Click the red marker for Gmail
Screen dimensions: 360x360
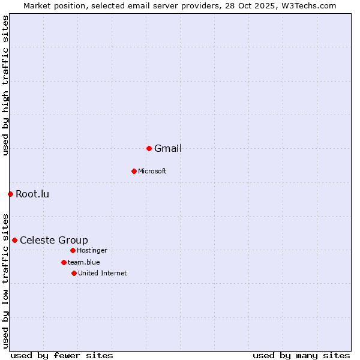149,148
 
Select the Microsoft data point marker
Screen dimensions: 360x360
134,171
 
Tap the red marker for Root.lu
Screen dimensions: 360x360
10,194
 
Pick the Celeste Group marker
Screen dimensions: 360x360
14,240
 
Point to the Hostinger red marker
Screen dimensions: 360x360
73,250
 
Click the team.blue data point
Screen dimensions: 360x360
64,262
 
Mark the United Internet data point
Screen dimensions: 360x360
74,273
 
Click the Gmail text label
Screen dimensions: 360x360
168,149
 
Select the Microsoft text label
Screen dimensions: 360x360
152,171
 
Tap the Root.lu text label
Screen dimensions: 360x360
32,194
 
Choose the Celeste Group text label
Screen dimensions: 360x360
54,241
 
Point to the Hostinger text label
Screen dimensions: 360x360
92,250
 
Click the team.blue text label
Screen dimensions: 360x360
84,262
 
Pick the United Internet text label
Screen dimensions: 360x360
103,273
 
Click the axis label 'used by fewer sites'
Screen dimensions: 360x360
62,355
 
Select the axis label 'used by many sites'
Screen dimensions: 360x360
301,355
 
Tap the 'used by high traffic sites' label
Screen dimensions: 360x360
5,85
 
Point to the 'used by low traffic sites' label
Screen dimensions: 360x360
5,280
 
